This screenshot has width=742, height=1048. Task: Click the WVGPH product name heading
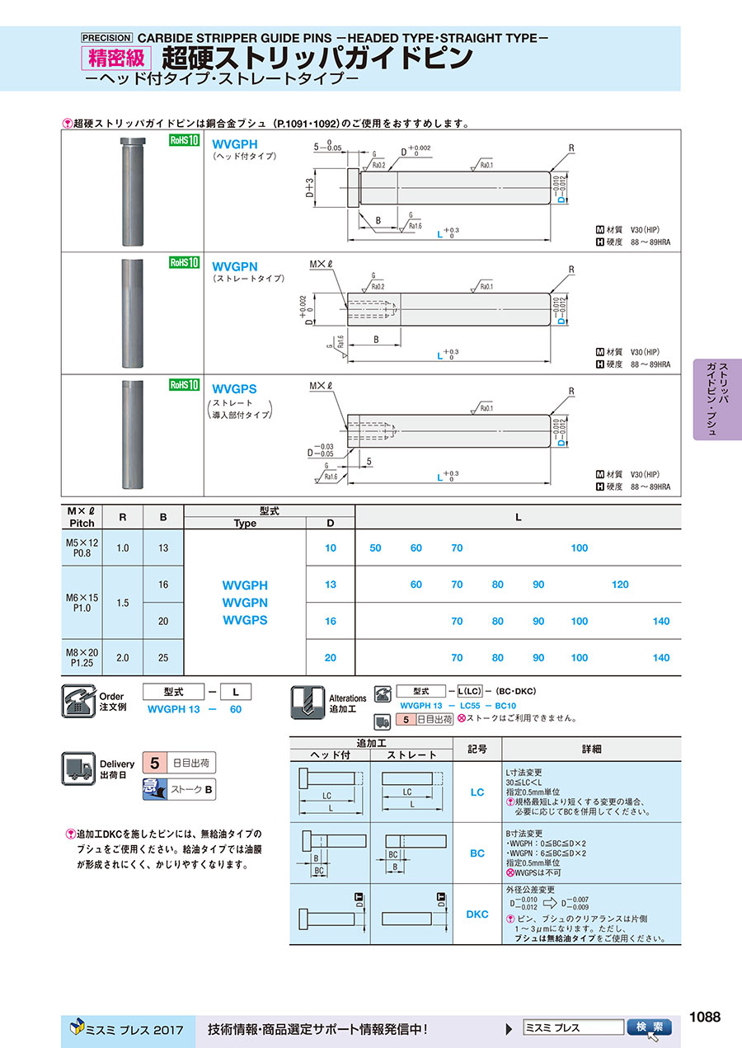(x=235, y=143)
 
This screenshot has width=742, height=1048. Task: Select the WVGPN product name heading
(x=235, y=267)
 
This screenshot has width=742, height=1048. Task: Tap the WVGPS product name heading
(x=234, y=388)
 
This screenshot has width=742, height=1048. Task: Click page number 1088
(x=704, y=1017)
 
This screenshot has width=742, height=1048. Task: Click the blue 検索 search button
(x=650, y=1027)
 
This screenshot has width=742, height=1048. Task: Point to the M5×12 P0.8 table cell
(x=82, y=547)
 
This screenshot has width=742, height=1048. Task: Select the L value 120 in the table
(x=620, y=585)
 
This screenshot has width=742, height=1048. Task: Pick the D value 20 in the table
(x=331, y=658)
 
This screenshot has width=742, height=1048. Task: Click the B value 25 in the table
(x=163, y=658)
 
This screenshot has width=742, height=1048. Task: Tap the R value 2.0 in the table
(x=123, y=658)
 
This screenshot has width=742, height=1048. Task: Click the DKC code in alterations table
(x=477, y=914)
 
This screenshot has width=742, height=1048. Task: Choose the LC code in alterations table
(x=477, y=792)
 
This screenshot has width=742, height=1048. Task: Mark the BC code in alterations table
(x=477, y=853)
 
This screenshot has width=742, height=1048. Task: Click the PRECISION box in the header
(x=106, y=37)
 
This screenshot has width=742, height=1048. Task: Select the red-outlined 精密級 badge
(x=116, y=59)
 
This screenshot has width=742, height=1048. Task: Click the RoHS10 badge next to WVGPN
(x=185, y=263)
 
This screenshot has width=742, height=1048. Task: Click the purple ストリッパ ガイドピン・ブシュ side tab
(x=717, y=399)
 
